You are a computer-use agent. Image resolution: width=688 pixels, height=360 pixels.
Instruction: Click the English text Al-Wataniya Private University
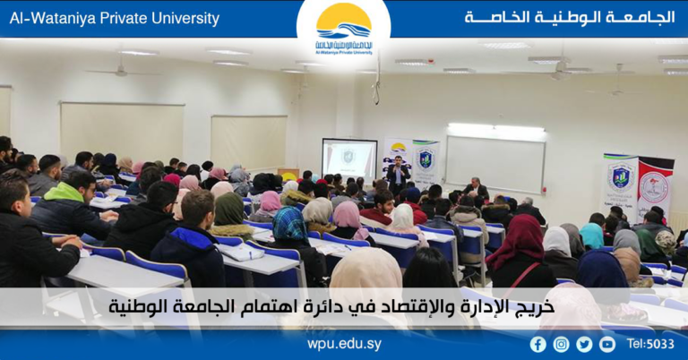coord(113,18)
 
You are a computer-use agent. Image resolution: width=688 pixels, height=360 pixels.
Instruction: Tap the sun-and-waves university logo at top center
coord(344,27)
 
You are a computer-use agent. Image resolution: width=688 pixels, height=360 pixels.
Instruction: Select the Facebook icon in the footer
coord(537,344)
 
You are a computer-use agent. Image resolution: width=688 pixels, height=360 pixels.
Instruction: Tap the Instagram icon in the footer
coord(561,344)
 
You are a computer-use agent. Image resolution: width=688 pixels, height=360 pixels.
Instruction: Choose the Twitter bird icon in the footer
coord(584,344)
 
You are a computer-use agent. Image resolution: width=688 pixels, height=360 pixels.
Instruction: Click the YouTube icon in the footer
coord(607,344)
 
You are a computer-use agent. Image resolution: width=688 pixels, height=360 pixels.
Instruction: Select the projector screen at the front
coord(348,159)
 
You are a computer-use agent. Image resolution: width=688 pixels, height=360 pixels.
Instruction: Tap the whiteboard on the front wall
coord(495,161)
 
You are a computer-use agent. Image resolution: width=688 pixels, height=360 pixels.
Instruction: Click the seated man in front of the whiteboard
coord(477,189)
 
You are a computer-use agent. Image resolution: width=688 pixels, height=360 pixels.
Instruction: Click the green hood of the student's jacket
coord(64,192)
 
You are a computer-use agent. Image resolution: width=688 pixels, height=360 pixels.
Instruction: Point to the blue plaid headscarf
coord(289,224)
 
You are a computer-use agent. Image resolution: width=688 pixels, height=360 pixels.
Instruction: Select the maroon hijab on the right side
coord(527,241)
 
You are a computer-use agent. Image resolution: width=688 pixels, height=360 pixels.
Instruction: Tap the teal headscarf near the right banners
coord(591,236)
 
